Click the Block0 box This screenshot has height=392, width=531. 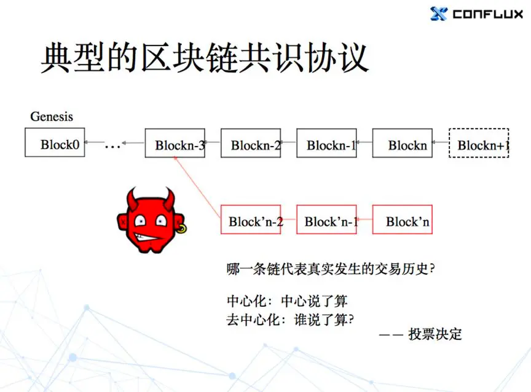click(x=55, y=142)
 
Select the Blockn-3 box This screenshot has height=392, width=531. click(x=175, y=143)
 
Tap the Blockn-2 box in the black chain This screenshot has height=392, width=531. click(x=251, y=143)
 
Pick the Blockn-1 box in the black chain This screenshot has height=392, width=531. click(x=327, y=143)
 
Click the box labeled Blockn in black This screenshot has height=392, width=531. click(x=403, y=143)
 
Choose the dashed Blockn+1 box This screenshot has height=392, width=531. click(x=479, y=143)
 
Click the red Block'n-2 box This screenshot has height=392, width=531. click(x=251, y=220)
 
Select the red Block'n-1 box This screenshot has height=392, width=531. click(x=327, y=220)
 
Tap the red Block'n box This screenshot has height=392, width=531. click(x=403, y=220)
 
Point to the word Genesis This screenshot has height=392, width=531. click(x=52, y=116)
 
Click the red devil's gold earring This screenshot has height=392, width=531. click(x=182, y=229)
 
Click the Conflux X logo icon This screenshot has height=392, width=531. click(x=439, y=13)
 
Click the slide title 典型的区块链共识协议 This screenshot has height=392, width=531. click(x=204, y=58)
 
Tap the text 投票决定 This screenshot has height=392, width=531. click(x=435, y=334)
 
